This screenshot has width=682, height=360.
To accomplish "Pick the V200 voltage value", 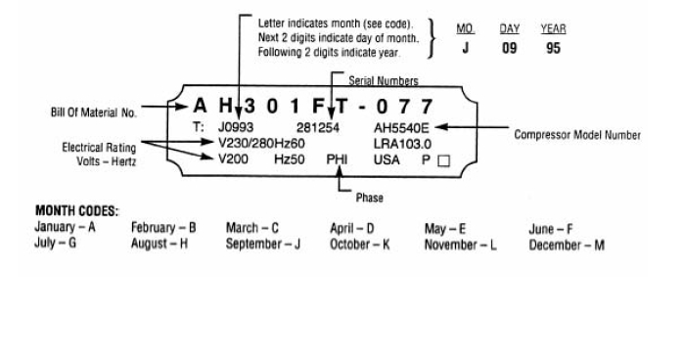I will coord(234,159).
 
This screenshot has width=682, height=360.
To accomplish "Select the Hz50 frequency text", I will coord(290,159).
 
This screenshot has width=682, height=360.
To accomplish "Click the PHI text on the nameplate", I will coord(338,159).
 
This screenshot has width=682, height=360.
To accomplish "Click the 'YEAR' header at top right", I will coord(553,29).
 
